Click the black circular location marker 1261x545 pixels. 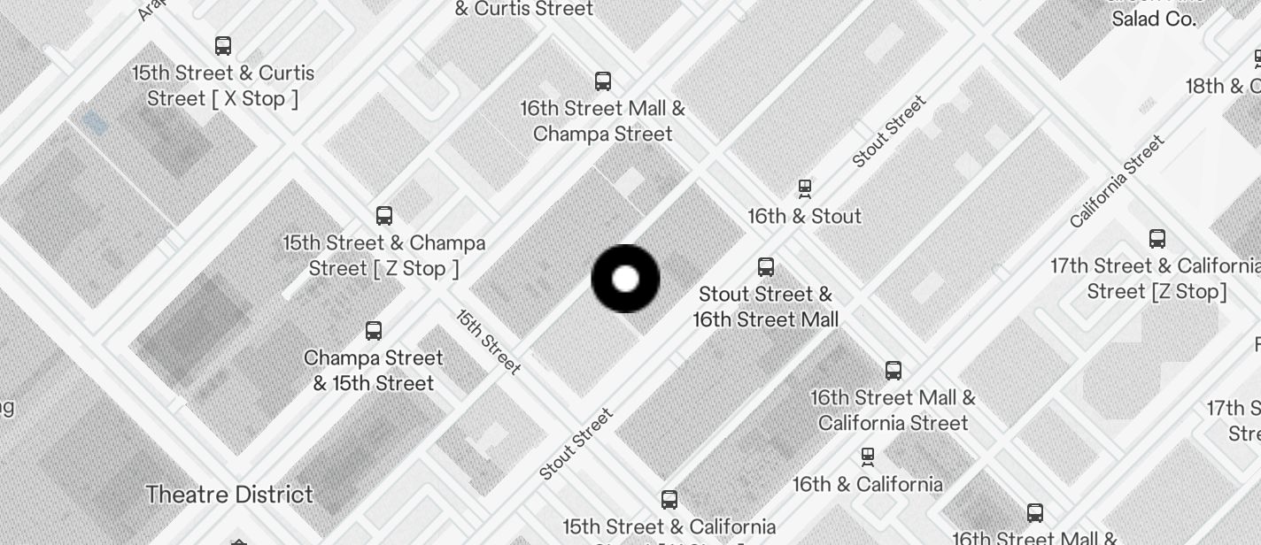click(x=625, y=279)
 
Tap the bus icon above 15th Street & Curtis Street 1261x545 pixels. click(x=223, y=46)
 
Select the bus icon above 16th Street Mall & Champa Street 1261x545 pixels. click(x=603, y=81)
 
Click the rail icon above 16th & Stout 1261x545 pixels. click(x=804, y=188)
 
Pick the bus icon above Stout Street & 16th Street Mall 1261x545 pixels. click(x=766, y=267)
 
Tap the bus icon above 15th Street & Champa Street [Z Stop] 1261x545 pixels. click(x=383, y=216)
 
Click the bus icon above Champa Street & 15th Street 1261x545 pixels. click(x=374, y=331)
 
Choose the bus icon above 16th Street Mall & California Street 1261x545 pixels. click(x=893, y=371)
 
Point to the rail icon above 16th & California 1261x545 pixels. click(x=867, y=457)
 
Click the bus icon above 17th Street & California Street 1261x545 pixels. click(x=1157, y=239)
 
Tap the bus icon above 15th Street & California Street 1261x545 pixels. click(x=669, y=500)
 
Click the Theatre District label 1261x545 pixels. click(x=229, y=495)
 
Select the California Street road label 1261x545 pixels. click(x=1118, y=181)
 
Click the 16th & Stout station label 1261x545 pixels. click(x=804, y=216)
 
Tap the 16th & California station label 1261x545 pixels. click(x=867, y=484)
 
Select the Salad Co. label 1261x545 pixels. click(x=1154, y=19)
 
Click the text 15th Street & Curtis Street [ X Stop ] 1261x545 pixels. click(x=223, y=86)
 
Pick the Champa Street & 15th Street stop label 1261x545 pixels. click(x=374, y=371)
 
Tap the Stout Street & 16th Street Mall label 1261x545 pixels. click(x=766, y=306)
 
